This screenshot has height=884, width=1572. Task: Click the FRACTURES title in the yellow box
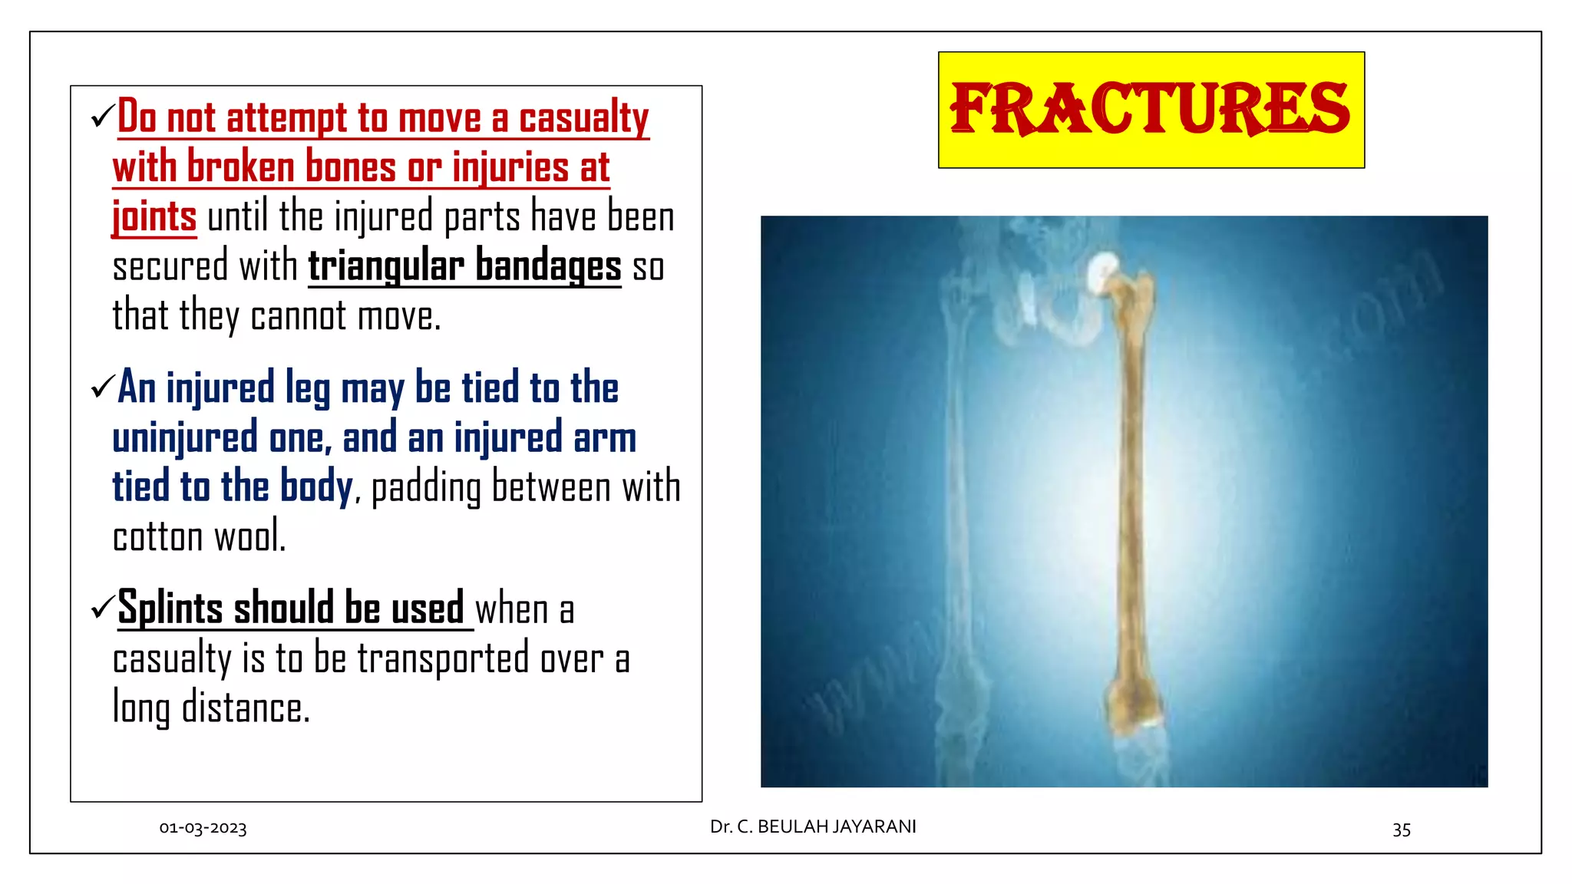tap(1150, 109)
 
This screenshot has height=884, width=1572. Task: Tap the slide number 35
tap(1401, 830)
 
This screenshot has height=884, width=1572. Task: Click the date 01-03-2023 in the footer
tap(203, 828)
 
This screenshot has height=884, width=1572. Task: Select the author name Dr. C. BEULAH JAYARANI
tap(813, 826)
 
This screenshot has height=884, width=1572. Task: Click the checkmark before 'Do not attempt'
tap(102, 117)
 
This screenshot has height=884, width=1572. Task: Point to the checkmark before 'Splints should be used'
tap(102, 608)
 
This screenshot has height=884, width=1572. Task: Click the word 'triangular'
tap(385, 266)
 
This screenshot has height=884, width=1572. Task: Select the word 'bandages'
tap(548, 266)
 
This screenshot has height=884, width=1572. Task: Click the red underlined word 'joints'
tap(154, 216)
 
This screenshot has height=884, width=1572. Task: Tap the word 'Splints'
tap(170, 608)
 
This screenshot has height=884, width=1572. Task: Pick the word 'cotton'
tap(157, 536)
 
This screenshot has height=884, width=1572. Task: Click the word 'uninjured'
tap(184, 437)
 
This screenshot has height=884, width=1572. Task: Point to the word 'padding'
tap(426, 488)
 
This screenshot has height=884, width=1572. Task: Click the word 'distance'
tap(245, 708)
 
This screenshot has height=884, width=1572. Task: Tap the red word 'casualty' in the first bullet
tap(583, 118)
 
